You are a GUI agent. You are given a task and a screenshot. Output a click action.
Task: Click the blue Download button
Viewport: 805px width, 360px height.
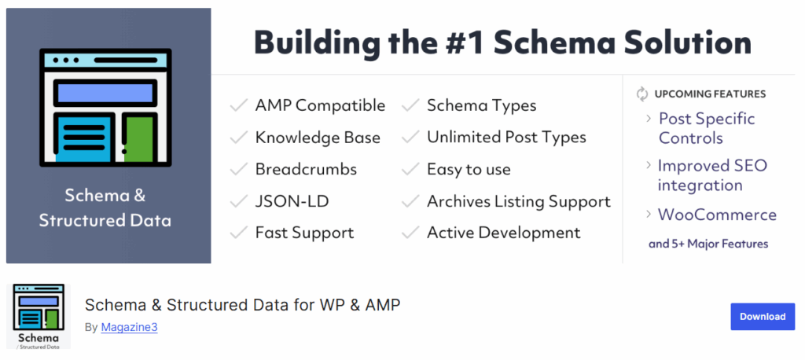762,317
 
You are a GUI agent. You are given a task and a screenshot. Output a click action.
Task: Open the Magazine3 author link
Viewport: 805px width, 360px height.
129,327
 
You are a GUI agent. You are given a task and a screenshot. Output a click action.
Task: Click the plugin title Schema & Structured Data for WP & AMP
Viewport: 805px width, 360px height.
242,305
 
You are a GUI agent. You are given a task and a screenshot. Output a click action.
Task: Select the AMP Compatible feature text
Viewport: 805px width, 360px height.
320,105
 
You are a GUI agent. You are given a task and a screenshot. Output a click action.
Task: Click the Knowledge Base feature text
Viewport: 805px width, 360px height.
318,138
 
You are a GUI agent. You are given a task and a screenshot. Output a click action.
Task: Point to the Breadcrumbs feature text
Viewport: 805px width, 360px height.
306,169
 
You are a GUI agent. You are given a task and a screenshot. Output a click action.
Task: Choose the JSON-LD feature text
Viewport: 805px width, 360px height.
292,201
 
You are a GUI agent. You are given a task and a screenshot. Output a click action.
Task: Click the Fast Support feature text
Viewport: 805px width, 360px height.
304,233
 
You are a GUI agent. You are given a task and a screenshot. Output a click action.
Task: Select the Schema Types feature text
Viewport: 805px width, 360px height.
481,105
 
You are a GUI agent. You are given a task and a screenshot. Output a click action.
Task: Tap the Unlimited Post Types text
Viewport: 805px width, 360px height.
506,138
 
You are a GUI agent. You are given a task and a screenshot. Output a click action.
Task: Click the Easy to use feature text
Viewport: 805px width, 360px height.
469,169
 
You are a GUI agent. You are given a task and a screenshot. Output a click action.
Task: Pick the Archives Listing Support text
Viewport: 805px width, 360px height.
518,201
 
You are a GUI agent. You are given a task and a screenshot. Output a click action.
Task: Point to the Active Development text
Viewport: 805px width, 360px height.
503,233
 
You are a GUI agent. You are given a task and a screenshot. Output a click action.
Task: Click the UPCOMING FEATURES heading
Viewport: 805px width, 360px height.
710,94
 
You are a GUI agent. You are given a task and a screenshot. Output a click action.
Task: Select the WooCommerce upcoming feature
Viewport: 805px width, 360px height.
717,215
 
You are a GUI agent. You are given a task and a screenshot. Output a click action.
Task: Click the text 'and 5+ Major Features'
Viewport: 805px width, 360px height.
708,244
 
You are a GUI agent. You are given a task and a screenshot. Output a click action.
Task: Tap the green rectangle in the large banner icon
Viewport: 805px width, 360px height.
138,138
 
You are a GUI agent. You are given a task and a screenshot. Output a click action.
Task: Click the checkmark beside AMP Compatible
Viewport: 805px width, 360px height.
238,105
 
